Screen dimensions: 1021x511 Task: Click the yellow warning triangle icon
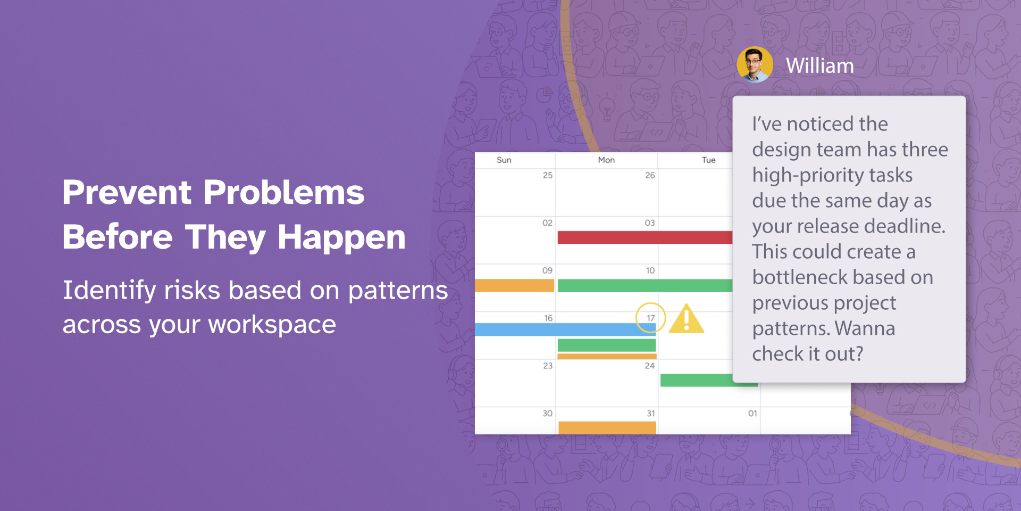coord(687,319)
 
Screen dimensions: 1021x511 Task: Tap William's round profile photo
coord(755,65)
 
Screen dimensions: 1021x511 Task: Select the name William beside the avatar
coord(820,66)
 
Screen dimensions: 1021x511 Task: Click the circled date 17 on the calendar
coord(651,318)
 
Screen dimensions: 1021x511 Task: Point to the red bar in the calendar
coord(645,237)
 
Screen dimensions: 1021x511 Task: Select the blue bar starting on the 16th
coord(565,329)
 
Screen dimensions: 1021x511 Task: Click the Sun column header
coord(504,160)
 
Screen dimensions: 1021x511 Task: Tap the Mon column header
coord(606,160)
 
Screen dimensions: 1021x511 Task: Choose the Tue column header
coord(709,160)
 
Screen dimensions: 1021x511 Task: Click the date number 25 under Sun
coord(548,175)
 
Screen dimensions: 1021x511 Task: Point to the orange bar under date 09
coord(514,285)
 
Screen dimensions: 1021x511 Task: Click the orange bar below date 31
coord(607,427)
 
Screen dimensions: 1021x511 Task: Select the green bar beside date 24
coord(709,380)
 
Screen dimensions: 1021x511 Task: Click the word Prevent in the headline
coord(127,192)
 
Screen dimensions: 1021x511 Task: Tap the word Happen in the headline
coord(341,237)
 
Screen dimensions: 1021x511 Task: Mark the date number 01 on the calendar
coord(752,413)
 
